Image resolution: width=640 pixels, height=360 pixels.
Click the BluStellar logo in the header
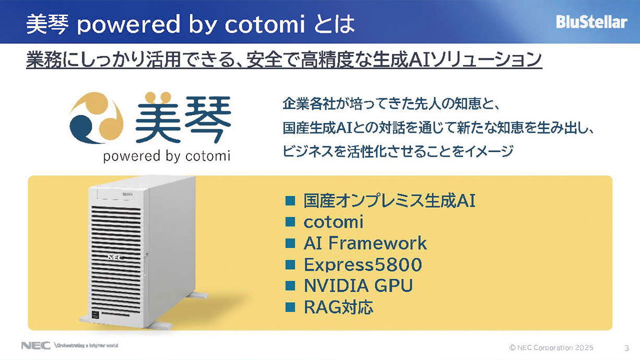tap(591, 22)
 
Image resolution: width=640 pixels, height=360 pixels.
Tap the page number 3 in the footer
tap(627, 349)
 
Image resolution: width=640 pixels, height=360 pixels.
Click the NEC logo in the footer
tap(35, 345)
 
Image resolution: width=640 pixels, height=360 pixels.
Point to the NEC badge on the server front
tap(115, 258)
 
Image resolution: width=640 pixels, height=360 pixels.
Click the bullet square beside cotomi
tap(290, 222)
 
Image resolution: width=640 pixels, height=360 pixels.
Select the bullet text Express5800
tap(363, 265)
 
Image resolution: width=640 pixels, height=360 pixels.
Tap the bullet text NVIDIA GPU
tap(358, 285)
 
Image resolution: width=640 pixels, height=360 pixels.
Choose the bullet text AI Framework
tap(365, 243)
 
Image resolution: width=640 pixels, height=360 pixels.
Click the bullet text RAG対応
tap(339, 307)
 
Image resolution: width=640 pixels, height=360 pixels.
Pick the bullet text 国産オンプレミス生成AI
tap(389, 201)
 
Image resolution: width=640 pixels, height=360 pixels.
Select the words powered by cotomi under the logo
tap(167, 157)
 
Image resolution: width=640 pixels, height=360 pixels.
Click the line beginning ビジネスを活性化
tap(398, 151)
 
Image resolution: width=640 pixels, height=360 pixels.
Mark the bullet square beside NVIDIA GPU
tap(290, 286)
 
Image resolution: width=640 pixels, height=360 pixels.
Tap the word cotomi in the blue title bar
tap(265, 24)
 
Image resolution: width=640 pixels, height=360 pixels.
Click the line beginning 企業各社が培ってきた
tap(391, 104)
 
